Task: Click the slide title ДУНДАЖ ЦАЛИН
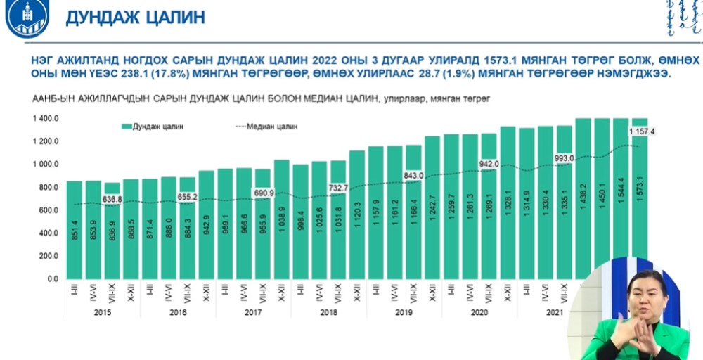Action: (135, 18)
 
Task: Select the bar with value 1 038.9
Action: (281, 219)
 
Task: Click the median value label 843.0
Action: (413, 176)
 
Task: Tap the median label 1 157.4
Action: (642, 131)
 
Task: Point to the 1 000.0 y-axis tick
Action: (45, 165)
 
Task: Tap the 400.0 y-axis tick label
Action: (49, 233)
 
